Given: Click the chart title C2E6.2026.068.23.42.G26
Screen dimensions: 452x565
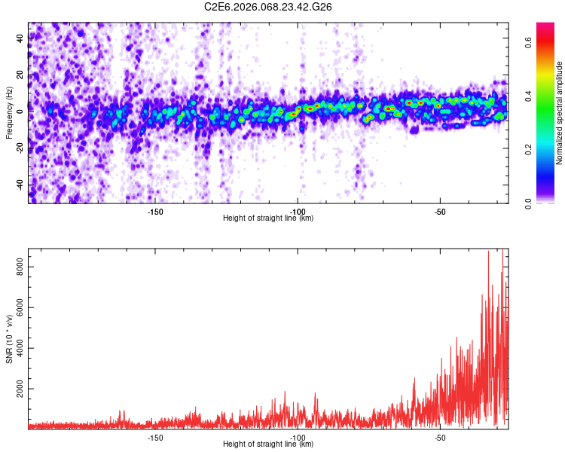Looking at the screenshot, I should [269, 7].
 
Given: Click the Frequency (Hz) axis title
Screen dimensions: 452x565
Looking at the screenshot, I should [9, 113].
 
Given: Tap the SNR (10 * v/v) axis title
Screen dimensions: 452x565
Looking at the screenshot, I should [9, 339].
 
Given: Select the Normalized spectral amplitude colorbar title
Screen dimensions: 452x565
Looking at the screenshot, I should [559, 113].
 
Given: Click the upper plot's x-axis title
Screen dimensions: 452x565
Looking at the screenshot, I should [268, 218].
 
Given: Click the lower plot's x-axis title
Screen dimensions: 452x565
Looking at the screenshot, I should [268, 444].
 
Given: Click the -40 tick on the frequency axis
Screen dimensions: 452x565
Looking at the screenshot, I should [19, 185].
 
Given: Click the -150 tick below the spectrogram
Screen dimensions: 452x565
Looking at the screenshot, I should [155, 212].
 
